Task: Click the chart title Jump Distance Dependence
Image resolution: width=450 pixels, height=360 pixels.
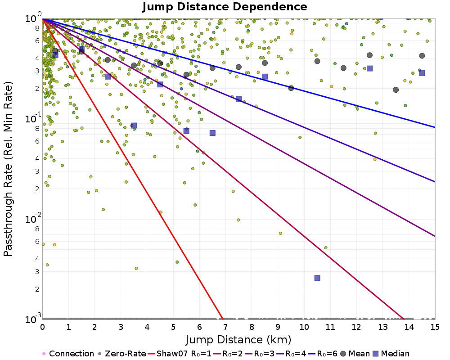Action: pos(225,7)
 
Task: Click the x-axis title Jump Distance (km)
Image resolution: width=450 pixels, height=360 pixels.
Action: pos(238,339)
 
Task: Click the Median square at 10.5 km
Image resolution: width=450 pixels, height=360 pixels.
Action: pos(317,278)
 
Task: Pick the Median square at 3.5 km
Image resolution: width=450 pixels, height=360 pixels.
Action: pos(134,126)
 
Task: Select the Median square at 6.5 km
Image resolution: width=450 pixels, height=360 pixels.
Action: pos(212,133)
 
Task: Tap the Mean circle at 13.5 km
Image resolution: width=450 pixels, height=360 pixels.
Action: pos(396,90)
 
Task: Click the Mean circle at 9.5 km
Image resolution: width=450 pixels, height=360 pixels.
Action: pos(291,88)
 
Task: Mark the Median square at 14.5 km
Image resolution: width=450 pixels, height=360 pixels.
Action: pos(422,73)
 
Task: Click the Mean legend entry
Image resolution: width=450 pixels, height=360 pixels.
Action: pos(353,354)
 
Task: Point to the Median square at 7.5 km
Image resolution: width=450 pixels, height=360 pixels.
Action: pos(238,99)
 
